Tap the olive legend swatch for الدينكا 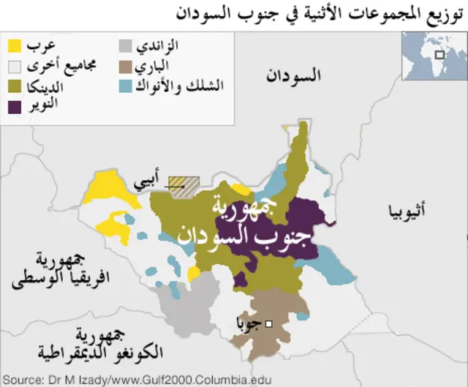13,86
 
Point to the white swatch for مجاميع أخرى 13,66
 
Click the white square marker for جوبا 269,323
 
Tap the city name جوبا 249,323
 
